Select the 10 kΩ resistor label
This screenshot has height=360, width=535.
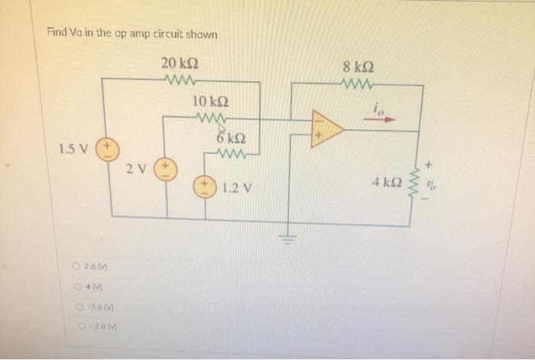tap(209, 102)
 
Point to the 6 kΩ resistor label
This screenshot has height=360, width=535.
tap(229, 138)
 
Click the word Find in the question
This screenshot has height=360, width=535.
tap(57, 34)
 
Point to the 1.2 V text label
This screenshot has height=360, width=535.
tap(238, 187)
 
